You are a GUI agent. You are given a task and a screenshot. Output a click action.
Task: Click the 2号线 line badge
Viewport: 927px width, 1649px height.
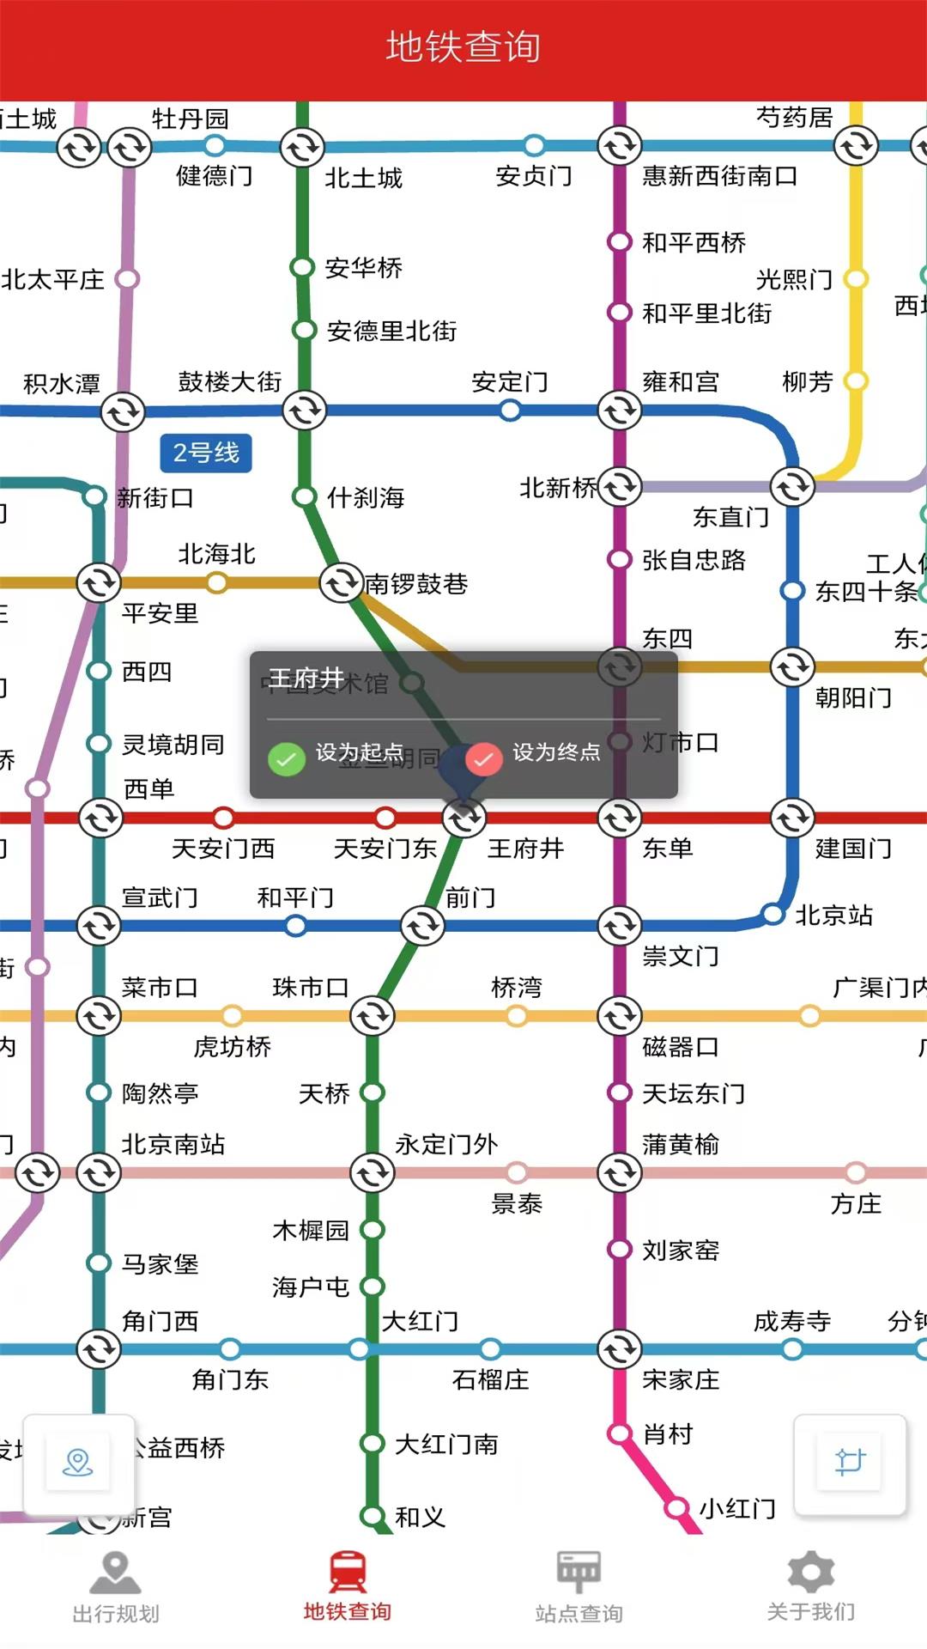[206, 453]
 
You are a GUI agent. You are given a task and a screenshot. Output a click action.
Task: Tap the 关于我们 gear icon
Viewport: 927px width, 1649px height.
[810, 1573]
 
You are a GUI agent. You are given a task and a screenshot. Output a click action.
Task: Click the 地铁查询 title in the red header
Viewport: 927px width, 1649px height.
[463, 47]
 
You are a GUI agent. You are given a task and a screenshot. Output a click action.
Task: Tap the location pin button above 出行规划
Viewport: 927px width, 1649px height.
[78, 1463]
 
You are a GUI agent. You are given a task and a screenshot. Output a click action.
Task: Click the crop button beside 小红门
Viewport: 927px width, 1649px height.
[850, 1463]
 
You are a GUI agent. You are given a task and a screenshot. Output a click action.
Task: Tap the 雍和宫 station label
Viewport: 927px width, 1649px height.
[681, 381]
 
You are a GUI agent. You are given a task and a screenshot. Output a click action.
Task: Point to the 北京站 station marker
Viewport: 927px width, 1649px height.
[773, 914]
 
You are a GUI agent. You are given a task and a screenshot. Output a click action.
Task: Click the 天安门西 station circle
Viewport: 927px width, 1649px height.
[223, 817]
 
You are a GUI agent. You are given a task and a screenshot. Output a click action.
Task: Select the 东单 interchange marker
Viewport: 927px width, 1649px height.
[620, 818]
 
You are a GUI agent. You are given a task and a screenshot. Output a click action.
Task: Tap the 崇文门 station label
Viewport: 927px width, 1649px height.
[681, 956]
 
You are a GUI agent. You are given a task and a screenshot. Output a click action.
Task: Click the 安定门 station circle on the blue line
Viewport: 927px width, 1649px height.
[510, 411]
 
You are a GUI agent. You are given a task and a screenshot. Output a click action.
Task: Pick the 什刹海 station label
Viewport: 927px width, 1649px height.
[366, 497]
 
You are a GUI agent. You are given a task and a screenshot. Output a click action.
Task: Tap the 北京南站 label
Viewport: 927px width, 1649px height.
[173, 1144]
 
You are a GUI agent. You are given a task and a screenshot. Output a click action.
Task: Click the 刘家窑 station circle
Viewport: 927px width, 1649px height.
[620, 1249]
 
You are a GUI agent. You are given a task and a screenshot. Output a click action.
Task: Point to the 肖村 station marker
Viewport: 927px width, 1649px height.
[620, 1433]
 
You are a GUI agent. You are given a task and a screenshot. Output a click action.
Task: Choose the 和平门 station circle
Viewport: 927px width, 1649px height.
[296, 926]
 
